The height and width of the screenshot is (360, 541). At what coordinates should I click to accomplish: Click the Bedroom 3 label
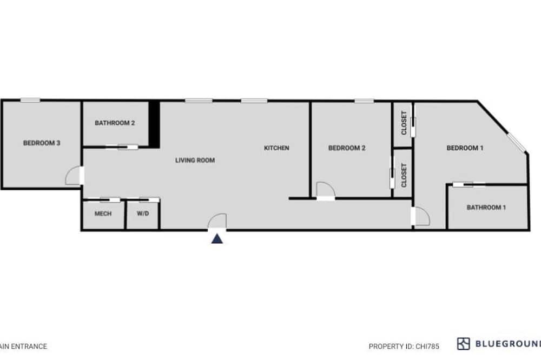(42, 143)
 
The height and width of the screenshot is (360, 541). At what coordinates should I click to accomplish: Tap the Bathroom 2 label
(115, 123)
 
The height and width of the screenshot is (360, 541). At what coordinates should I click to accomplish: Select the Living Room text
(195, 160)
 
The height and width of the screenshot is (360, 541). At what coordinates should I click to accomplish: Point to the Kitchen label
(276, 148)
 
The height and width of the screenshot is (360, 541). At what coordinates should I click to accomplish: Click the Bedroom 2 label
(347, 148)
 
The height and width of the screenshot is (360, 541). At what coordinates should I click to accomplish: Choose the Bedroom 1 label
(465, 148)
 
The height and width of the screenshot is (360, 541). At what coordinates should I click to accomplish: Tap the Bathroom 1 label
(486, 207)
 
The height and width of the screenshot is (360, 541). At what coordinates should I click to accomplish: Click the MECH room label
(103, 214)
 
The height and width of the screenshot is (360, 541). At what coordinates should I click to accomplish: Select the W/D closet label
(143, 214)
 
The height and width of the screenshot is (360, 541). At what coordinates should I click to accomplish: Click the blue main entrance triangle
(217, 238)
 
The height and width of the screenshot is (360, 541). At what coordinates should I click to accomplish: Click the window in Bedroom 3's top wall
(30, 101)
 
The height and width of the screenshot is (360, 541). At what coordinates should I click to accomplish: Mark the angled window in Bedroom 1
(516, 142)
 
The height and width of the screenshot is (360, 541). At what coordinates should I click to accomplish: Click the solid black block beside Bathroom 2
(154, 124)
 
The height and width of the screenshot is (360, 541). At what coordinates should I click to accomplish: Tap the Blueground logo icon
(464, 344)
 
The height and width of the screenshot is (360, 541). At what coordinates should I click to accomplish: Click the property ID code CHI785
(427, 346)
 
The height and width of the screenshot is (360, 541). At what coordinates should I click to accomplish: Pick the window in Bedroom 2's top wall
(364, 101)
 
